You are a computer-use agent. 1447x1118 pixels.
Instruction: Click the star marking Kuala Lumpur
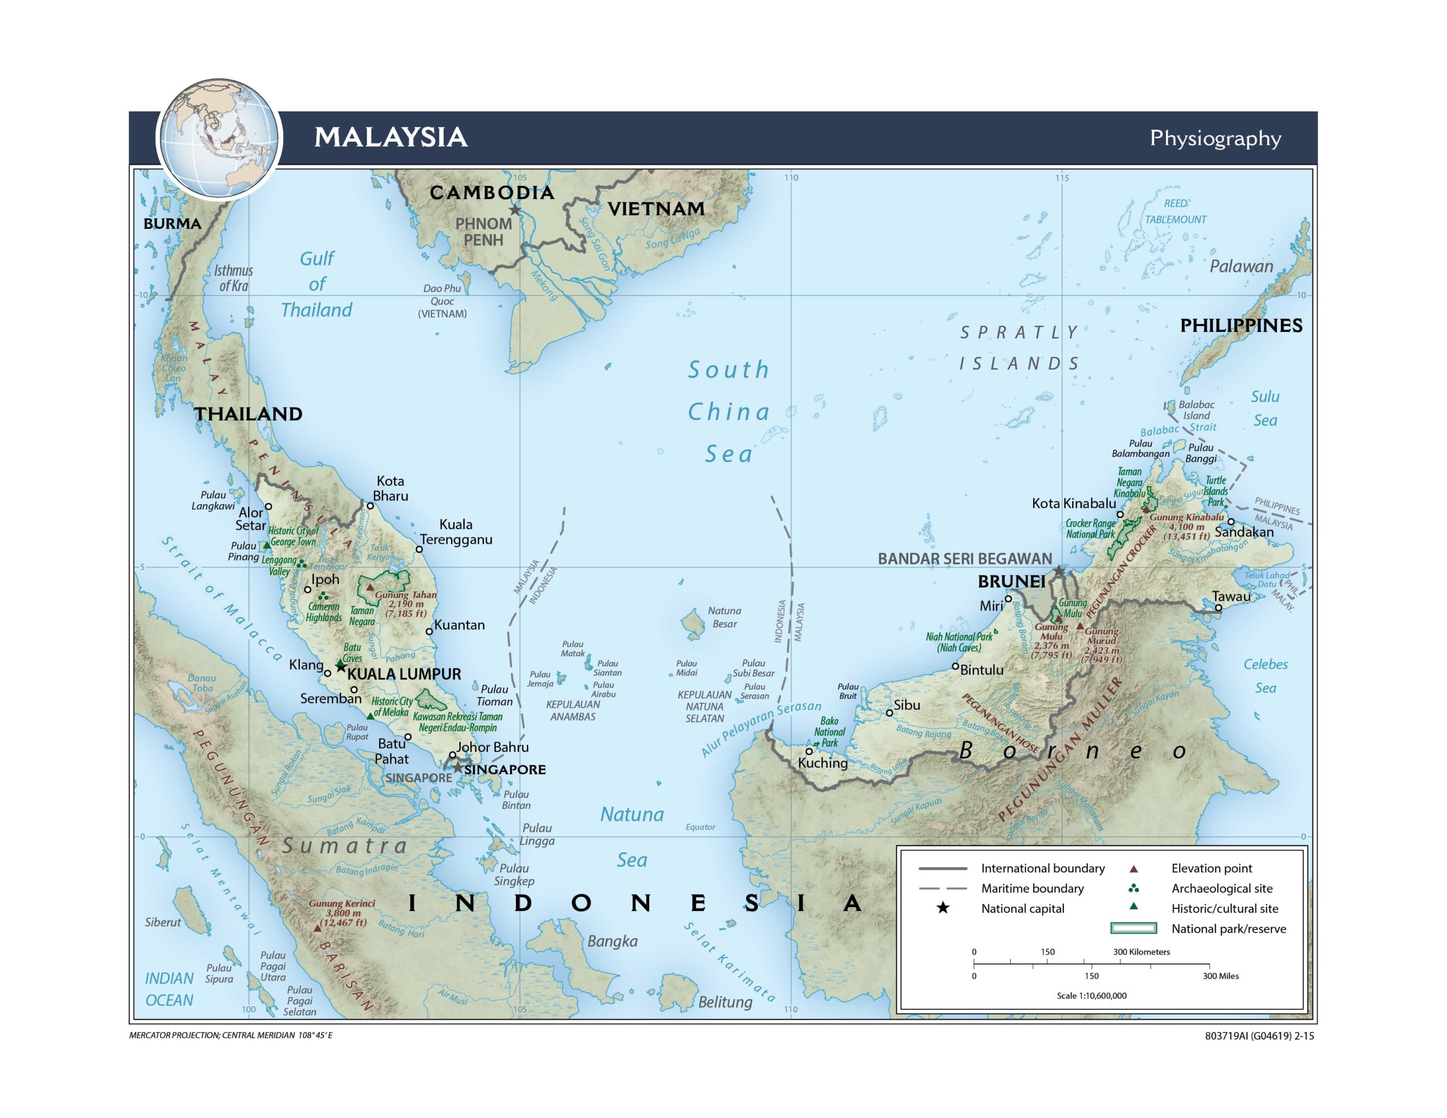point(340,665)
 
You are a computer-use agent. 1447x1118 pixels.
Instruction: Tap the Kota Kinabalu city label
point(1073,504)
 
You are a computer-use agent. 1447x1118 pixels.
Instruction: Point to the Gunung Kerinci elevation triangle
point(317,929)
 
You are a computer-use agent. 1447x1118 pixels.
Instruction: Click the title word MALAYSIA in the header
point(391,137)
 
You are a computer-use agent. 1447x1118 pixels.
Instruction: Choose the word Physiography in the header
point(1215,138)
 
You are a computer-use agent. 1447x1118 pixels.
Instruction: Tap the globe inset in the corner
point(219,138)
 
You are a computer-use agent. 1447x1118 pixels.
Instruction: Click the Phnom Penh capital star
point(515,210)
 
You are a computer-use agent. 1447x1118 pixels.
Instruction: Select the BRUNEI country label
point(1012,582)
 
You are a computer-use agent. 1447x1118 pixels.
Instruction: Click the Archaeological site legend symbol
point(1134,888)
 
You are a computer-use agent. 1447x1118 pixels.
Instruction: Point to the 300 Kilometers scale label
point(1142,952)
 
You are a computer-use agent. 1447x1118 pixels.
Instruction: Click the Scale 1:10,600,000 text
point(1091,995)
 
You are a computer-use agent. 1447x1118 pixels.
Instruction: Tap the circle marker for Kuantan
point(428,631)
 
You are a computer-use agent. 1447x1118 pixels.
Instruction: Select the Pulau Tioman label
point(494,695)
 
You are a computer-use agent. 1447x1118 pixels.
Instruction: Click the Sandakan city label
point(1244,532)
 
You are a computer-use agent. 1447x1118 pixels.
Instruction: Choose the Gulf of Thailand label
point(317,284)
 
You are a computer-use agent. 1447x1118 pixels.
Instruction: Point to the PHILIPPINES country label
point(1241,326)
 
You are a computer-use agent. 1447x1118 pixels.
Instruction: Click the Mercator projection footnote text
point(231,1035)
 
